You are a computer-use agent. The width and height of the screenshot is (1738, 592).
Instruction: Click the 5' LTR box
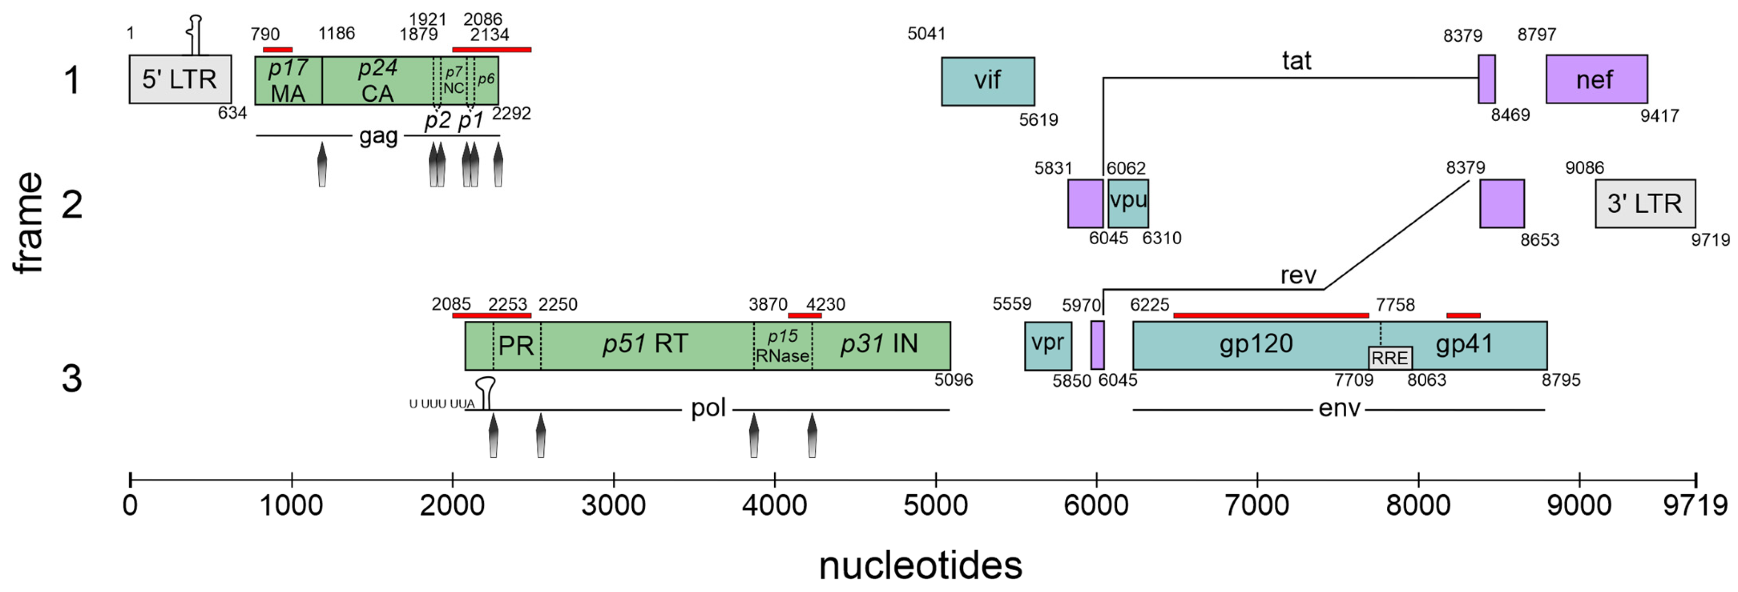tap(180, 80)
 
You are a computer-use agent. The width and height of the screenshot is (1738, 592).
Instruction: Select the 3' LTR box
tap(1645, 203)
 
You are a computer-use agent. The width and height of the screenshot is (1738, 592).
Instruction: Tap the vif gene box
tap(988, 81)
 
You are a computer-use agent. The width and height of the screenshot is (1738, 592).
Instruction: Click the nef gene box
tap(1596, 80)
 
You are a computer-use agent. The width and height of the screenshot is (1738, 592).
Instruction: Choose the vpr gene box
tap(1048, 345)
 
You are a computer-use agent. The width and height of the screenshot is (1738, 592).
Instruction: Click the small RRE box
tap(1390, 358)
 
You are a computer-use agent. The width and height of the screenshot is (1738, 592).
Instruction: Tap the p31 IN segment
tap(880, 345)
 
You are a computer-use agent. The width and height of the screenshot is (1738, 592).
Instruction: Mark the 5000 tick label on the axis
tap(936, 506)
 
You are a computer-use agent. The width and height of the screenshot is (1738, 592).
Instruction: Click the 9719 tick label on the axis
tap(1695, 506)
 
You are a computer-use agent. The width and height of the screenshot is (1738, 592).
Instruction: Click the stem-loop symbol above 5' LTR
tap(196, 34)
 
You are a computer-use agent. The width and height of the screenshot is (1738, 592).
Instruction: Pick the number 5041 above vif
tap(926, 34)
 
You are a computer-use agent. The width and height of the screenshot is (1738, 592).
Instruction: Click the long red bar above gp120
tap(1271, 315)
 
